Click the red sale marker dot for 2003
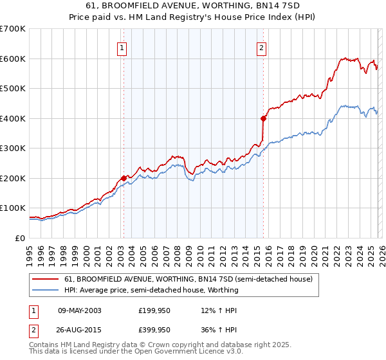point(124,178)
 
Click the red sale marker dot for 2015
point(263,118)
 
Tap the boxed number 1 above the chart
point(122,46)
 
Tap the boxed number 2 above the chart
point(262,46)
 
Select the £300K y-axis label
point(12,148)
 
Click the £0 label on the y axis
point(19,238)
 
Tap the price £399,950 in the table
point(154,330)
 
